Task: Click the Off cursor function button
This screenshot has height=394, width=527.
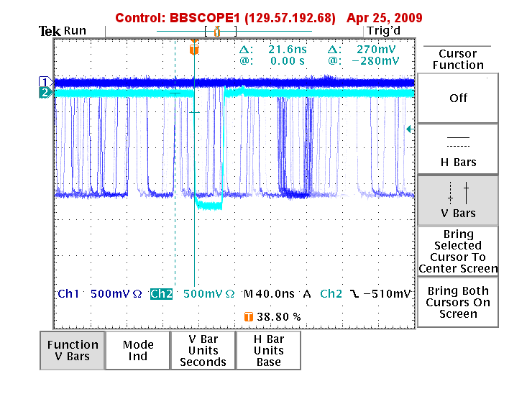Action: click(x=458, y=98)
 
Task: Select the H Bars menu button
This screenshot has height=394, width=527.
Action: click(x=458, y=150)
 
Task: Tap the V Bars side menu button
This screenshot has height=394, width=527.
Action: click(x=458, y=201)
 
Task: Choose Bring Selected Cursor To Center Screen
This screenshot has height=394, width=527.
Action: click(x=458, y=252)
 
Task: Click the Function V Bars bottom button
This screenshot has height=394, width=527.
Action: click(x=73, y=351)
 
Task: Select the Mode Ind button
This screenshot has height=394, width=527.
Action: click(x=138, y=351)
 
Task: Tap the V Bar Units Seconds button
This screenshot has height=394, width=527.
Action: click(x=203, y=351)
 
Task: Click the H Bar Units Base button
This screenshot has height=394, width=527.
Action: click(x=269, y=351)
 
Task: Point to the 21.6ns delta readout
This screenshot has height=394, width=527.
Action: click(x=288, y=50)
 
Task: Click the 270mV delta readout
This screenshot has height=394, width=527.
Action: click(x=376, y=50)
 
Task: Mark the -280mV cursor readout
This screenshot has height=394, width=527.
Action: click(x=375, y=61)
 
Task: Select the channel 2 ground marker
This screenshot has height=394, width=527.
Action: click(x=45, y=92)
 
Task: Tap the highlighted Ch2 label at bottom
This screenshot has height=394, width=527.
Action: click(x=161, y=294)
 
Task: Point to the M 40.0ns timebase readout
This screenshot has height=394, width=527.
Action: click(x=269, y=294)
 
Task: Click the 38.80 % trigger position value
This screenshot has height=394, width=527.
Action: click(x=279, y=316)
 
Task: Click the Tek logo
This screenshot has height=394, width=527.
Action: click(x=50, y=31)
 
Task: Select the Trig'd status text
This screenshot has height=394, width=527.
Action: click(x=383, y=31)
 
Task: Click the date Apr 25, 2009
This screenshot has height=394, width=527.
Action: click(x=384, y=17)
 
